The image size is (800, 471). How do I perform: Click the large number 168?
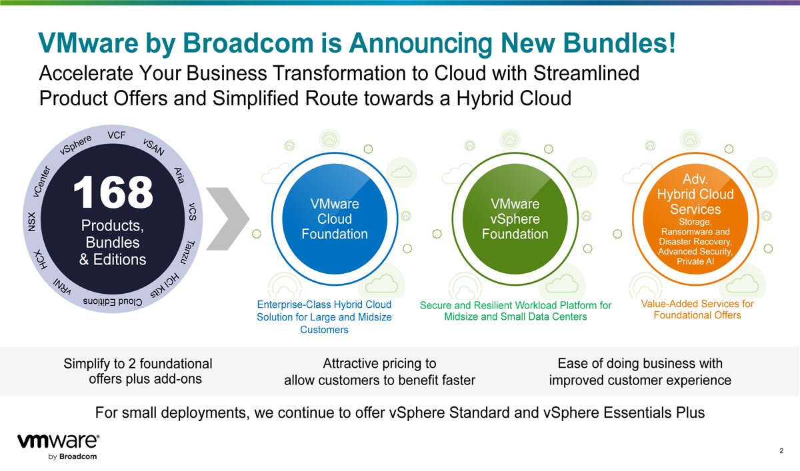[113, 192]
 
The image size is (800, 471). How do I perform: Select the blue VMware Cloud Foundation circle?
[335, 219]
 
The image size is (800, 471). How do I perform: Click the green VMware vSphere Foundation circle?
[515, 219]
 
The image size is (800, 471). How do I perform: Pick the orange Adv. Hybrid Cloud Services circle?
[695, 219]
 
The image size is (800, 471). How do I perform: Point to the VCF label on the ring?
[117, 135]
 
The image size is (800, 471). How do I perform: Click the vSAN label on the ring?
[154, 147]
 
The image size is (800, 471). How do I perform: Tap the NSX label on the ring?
[32, 222]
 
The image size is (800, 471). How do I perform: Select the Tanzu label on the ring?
[188, 252]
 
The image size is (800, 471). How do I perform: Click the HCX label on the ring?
[41, 259]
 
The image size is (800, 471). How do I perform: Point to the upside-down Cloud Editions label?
[113, 302]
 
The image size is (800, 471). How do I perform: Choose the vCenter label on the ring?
[42, 181]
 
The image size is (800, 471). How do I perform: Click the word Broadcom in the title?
[248, 43]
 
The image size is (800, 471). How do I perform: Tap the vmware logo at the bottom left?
[59, 447]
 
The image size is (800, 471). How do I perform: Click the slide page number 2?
[781, 450]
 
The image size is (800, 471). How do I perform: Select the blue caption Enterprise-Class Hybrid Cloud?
[324, 304]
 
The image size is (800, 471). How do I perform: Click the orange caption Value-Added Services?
[697, 304]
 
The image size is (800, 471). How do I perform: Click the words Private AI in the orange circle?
[695, 261]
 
